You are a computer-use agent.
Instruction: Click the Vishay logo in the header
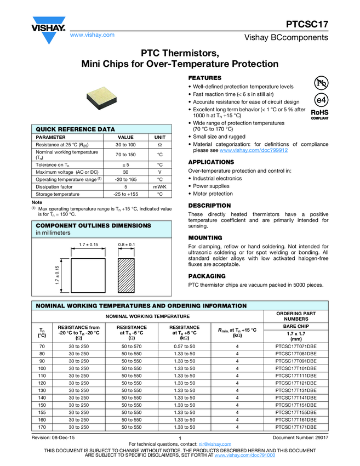(x=48, y=30)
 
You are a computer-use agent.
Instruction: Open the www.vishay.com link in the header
(x=92, y=35)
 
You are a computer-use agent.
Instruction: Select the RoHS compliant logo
(x=319, y=114)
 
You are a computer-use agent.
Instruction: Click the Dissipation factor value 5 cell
(x=126, y=186)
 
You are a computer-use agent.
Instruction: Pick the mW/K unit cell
(x=159, y=186)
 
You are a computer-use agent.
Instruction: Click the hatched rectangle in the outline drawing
(x=127, y=276)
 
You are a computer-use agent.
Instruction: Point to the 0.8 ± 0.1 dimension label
(x=127, y=244)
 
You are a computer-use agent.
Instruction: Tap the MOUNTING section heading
(x=205, y=238)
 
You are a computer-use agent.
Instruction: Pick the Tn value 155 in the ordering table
(x=42, y=411)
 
